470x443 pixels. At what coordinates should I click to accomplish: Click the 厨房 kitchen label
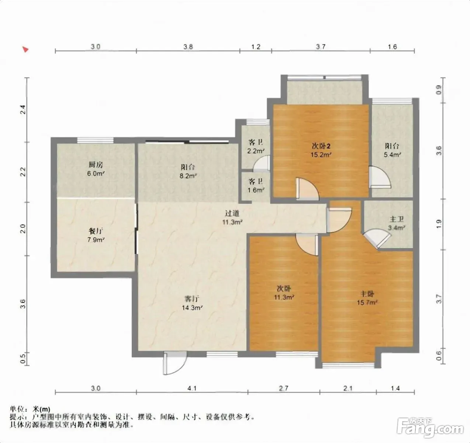tap(96, 164)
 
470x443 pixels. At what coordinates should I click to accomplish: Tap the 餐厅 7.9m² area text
tap(96, 240)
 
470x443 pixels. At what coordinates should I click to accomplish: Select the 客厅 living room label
tap(192, 299)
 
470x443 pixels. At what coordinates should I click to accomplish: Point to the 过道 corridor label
tap(232, 213)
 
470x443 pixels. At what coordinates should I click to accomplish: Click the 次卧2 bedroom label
tap(321, 146)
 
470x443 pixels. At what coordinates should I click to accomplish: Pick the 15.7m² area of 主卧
tap(367, 302)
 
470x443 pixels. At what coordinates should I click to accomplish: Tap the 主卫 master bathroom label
tap(397, 219)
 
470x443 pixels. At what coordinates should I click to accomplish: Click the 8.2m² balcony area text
tap(188, 176)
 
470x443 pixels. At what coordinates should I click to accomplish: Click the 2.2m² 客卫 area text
tap(256, 151)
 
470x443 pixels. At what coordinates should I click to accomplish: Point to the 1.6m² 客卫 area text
tap(256, 190)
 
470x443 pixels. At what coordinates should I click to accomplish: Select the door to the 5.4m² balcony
tap(380, 177)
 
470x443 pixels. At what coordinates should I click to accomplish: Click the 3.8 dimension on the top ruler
tap(188, 47)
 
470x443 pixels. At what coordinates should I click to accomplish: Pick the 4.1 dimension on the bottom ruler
tap(192, 388)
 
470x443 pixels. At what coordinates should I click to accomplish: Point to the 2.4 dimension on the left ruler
tap(23, 109)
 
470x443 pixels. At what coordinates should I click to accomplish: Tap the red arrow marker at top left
tap(25, 49)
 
